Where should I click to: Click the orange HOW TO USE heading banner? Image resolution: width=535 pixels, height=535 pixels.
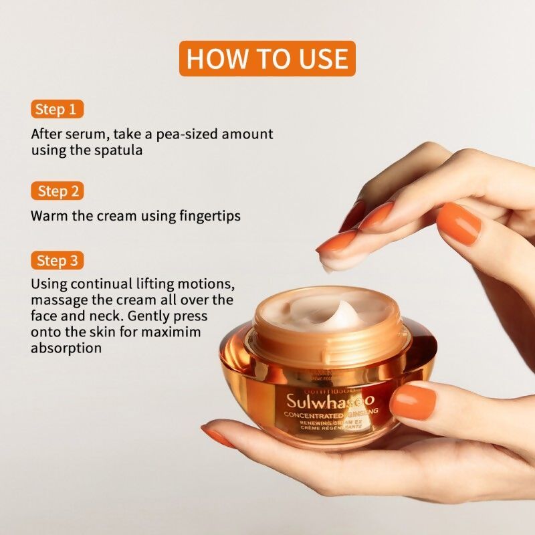(267, 58)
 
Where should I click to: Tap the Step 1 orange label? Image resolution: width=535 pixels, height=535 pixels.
(57, 109)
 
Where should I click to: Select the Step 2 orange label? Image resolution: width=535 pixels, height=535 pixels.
(57, 191)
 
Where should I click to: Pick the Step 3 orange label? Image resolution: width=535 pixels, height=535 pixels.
(57, 260)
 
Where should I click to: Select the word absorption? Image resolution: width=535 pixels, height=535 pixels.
(66, 348)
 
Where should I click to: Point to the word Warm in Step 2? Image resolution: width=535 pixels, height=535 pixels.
(47, 216)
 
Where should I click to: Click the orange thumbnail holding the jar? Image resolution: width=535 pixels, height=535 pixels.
(412, 401)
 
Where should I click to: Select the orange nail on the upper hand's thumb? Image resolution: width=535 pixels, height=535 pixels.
(459, 223)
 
